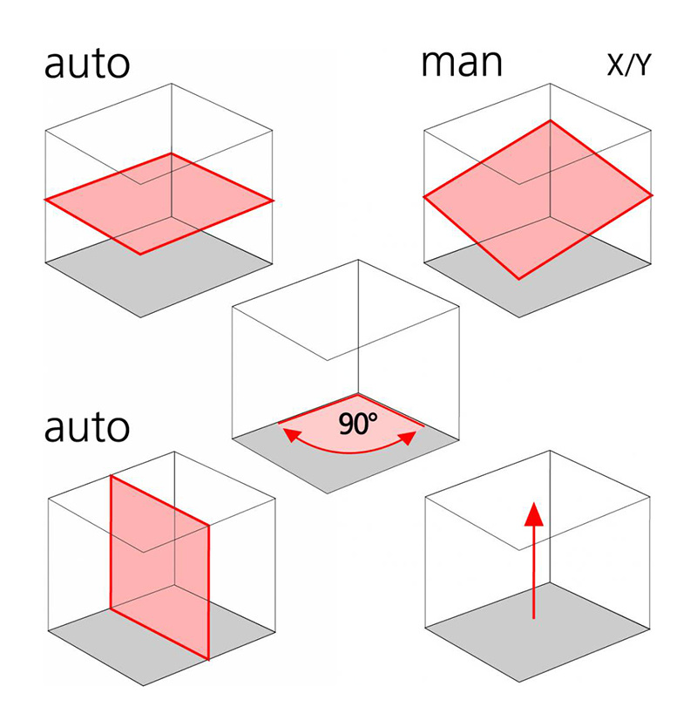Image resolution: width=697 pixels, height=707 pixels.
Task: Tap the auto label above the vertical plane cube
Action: coord(87,428)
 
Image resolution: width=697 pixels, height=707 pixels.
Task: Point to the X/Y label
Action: coord(627,65)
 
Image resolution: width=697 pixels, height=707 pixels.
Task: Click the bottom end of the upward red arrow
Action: coord(534,617)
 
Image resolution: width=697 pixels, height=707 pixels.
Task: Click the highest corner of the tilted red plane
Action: coord(549,120)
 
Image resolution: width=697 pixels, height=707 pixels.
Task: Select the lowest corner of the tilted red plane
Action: coord(520,279)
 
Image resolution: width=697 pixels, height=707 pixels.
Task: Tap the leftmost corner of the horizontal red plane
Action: coord(46,201)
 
